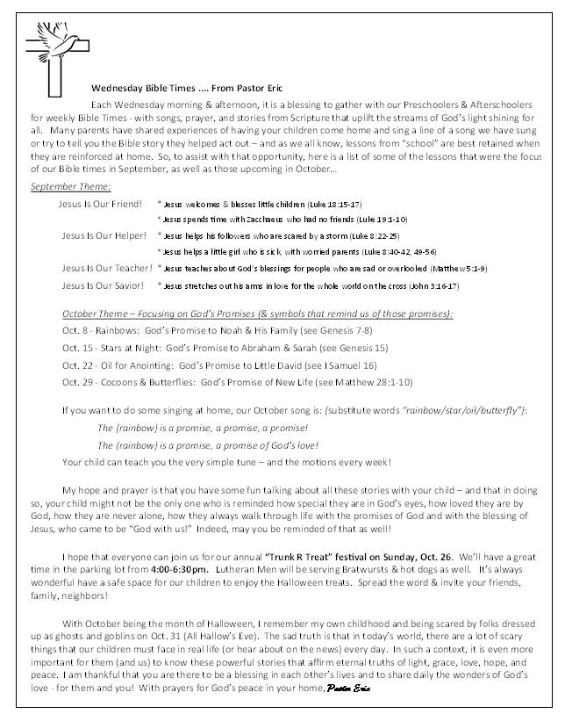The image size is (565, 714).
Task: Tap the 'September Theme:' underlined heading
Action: pyautogui.click(x=70, y=186)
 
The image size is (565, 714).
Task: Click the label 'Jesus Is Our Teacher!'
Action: pyautogui.click(x=107, y=269)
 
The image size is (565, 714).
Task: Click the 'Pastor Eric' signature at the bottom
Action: pyautogui.click(x=349, y=686)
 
